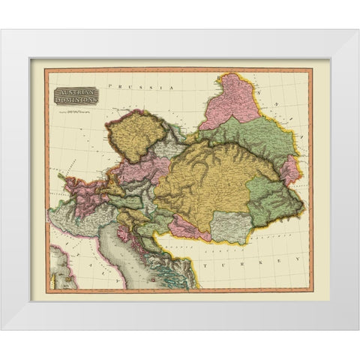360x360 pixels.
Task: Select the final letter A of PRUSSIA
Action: tap(172, 89)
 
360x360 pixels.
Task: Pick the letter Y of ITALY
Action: tap(116, 277)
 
